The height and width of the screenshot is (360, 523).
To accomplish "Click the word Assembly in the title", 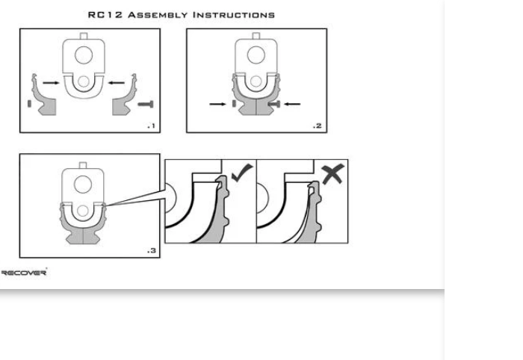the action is [158, 15].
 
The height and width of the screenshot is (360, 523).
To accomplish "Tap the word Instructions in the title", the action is [234, 15].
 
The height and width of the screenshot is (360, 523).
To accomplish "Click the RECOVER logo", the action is [24, 273].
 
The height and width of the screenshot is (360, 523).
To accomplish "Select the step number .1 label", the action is [152, 126].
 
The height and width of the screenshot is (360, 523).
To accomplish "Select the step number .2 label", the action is [318, 126].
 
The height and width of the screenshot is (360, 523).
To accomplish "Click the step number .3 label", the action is [152, 251].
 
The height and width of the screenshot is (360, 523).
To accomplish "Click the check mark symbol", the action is [242, 173].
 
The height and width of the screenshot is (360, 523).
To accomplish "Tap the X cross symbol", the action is [332, 173].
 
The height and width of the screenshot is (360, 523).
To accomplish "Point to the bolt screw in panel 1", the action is [146, 105].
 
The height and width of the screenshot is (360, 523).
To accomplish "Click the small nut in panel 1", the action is [29, 104].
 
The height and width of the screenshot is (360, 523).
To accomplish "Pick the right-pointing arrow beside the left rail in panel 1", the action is [51, 83].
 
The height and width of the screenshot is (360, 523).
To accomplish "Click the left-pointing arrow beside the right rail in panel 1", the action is [117, 83].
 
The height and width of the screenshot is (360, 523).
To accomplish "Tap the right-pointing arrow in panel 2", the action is [217, 104].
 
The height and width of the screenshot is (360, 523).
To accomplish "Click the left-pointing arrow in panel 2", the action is [292, 104].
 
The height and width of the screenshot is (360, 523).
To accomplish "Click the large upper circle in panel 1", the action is [84, 55].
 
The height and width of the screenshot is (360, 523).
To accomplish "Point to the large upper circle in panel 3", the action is [83, 184].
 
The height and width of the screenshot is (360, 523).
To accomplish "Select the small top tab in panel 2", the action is [256, 36].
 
